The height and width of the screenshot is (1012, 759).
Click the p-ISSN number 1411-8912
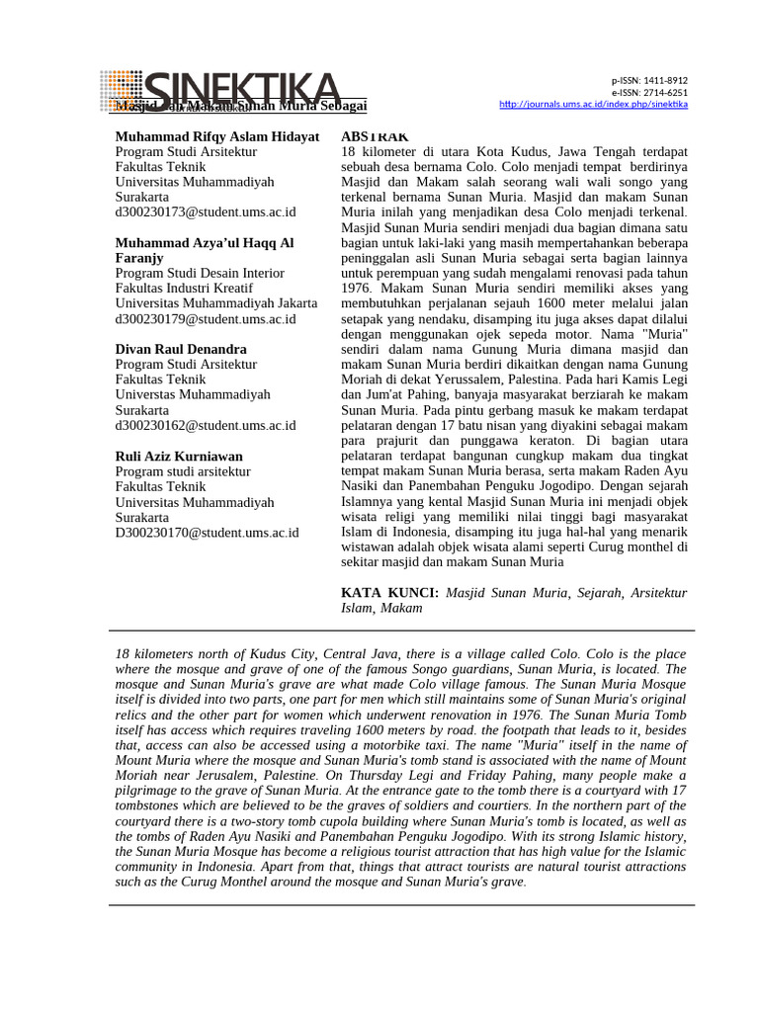[665, 81]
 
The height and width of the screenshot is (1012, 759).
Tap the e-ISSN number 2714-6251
[665, 93]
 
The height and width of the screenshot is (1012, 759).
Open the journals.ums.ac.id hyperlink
[594, 105]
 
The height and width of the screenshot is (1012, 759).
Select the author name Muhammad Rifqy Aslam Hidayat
[217, 136]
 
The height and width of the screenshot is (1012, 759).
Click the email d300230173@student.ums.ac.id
[206, 211]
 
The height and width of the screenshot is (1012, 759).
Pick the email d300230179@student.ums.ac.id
[206, 318]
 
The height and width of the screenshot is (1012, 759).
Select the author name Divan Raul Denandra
[181, 349]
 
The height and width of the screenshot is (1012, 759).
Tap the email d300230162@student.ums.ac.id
[206, 425]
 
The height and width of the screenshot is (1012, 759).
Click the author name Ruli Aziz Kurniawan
[179, 457]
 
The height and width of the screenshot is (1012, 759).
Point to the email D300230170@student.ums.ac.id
[207, 532]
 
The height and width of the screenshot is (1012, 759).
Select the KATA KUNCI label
[389, 592]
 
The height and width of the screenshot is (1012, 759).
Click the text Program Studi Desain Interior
[200, 273]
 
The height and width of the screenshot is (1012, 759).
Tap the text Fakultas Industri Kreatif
[183, 288]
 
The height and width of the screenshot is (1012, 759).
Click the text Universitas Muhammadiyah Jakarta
[216, 303]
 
